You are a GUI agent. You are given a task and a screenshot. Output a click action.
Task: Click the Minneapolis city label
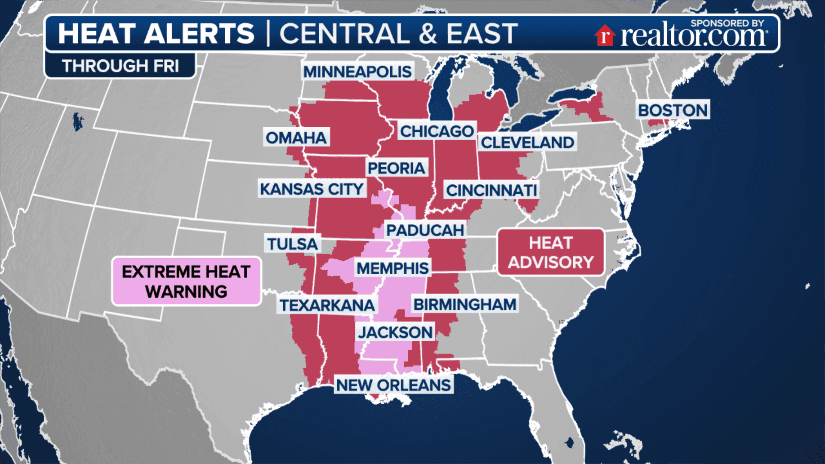tap(357, 72)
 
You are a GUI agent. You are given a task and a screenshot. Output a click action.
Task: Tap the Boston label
tap(672, 110)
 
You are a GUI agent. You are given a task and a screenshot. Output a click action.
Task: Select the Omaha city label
tap(296, 138)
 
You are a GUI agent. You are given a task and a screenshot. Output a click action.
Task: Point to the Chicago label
tap(437, 131)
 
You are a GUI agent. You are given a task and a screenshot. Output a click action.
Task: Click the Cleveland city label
tap(527, 143)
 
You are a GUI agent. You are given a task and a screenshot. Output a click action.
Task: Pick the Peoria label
tap(396, 168)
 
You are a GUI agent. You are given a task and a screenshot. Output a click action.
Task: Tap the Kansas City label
tap(312, 189)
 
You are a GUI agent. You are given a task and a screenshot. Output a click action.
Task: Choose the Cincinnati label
tap(492, 190)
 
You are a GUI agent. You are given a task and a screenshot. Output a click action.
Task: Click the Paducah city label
tap(425, 230)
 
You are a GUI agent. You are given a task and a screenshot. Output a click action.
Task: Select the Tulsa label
tap(292, 244)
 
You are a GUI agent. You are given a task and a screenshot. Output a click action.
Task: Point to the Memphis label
tap(393, 269)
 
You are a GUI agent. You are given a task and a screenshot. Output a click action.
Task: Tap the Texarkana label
tap(327, 305)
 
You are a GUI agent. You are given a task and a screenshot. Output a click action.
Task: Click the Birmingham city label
tap(465, 305)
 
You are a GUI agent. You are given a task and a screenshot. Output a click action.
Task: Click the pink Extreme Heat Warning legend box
tap(186, 281)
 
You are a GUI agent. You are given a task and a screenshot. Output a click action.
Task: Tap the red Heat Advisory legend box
tap(551, 252)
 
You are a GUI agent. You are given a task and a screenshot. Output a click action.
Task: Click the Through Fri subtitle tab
tap(120, 66)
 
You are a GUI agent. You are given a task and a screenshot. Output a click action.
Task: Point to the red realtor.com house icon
tap(605, 35)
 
